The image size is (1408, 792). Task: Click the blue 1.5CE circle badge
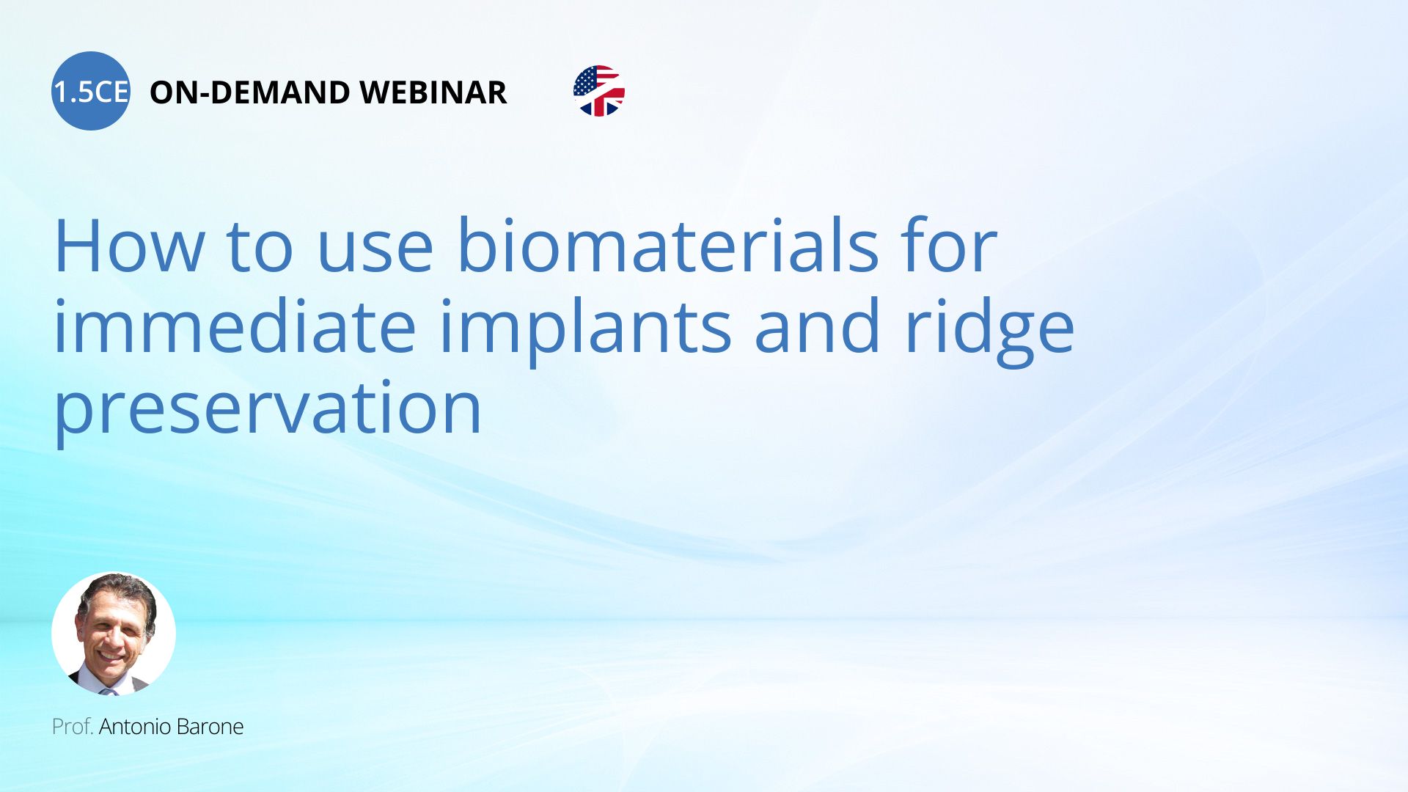(91, 91)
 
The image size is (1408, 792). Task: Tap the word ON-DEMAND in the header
(249, 92)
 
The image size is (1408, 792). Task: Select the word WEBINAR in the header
(433, 92)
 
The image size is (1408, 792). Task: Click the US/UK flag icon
(599, 91)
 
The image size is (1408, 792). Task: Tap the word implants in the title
(586, 331)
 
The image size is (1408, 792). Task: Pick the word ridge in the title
(990, 331)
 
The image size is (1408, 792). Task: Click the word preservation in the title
(268, 411)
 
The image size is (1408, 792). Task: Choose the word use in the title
(375, 252)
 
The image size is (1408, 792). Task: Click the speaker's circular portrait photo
(114, 634)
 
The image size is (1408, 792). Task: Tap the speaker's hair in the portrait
(117, 590)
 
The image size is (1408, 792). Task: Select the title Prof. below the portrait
(73, 727)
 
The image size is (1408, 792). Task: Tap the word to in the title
(260, 248)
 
